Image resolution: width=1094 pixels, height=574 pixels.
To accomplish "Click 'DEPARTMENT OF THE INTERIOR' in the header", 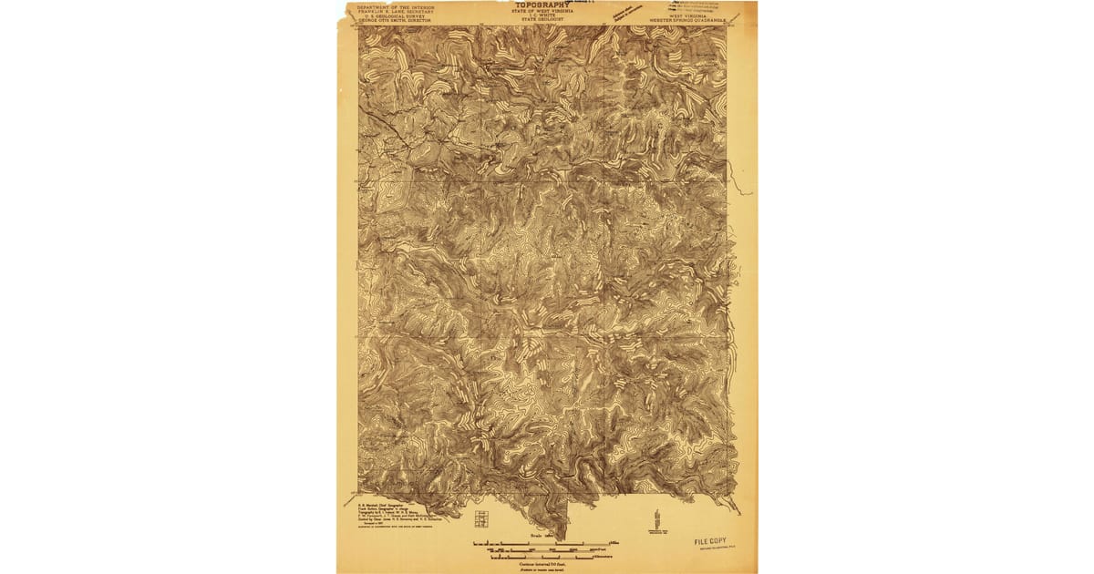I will (x=397, y=6).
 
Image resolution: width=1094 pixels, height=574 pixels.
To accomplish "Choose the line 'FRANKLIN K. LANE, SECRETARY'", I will (x=397, y=11).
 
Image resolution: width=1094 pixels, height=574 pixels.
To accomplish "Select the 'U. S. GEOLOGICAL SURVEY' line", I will (x=397, y=15).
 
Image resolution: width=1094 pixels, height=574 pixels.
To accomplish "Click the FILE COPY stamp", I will (x=716, y=541).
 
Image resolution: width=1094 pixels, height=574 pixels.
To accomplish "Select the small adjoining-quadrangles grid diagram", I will (x=480, y=520).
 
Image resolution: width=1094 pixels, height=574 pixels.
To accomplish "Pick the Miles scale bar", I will (x=542, y=544).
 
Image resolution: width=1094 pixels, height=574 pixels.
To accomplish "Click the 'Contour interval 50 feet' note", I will (x=543, y=563).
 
